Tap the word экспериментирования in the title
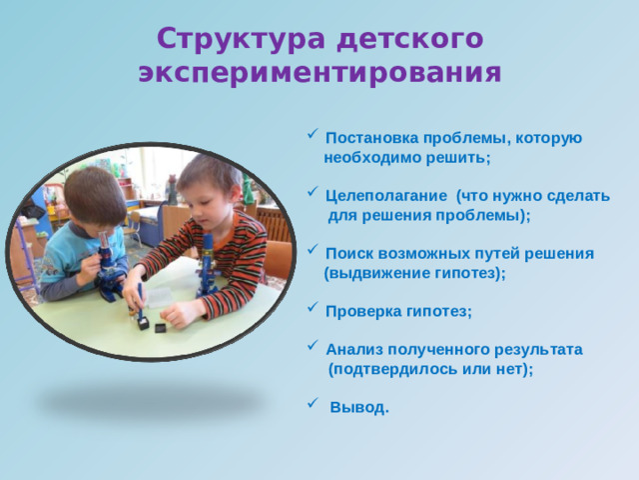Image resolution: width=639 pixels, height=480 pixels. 319,73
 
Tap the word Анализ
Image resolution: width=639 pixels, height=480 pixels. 353,350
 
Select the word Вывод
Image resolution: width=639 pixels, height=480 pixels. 359,408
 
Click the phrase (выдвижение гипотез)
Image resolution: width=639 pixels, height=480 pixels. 415,273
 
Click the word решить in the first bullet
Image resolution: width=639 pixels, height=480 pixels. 463,158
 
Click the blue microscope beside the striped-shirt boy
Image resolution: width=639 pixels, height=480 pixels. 208,265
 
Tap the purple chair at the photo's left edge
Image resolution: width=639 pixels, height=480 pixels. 26,255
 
